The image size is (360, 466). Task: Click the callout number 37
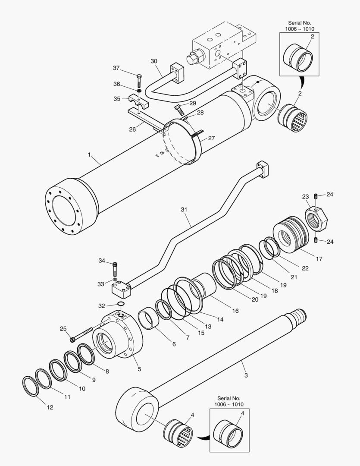[116, 68]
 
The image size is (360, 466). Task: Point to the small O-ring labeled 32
[121, 305]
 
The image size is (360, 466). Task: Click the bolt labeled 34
[115, 270]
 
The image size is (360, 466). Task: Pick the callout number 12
[50, 407]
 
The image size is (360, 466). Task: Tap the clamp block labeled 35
[138, 102]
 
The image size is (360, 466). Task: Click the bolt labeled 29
[178, 107]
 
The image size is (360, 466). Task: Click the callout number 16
[235, 311]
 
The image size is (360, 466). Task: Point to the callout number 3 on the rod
[246, 375]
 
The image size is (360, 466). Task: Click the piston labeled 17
[291, 235]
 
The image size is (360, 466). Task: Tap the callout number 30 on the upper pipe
[154, 61]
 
